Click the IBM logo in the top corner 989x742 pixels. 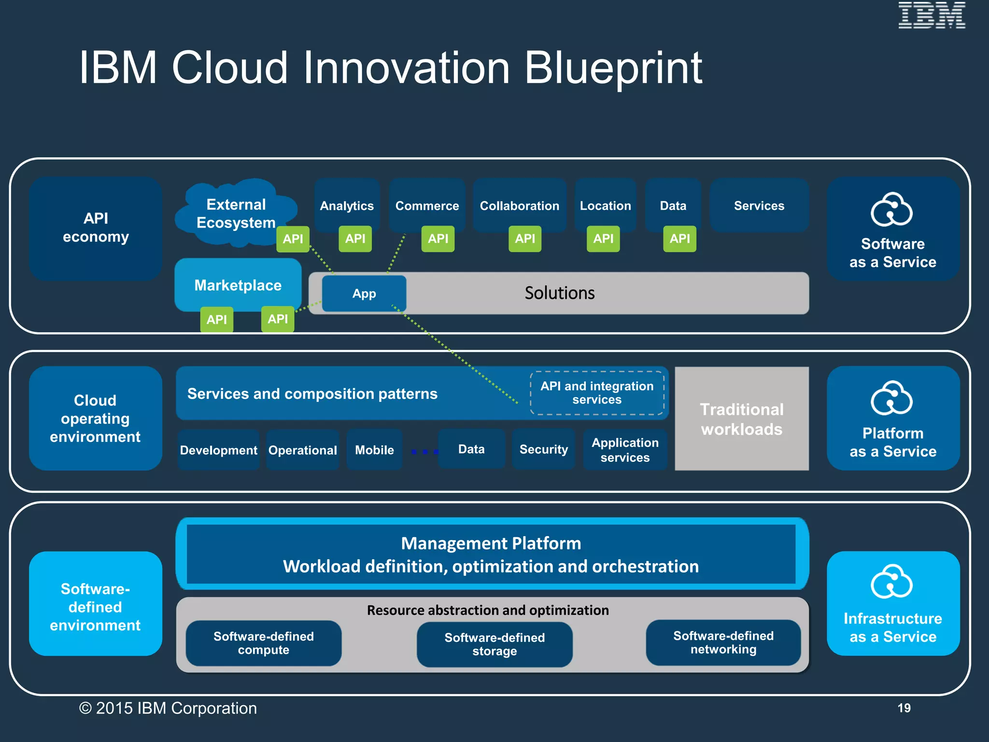coord(931,15)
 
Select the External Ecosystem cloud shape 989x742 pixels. coord(236,213)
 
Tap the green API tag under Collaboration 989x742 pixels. coord(524,239)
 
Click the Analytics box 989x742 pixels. coord(347,205)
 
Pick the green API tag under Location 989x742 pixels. coord(603,239)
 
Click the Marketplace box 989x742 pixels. coord(238,285)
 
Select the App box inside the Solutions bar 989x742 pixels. coord(364,293)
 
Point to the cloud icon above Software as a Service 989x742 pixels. coord(891,210)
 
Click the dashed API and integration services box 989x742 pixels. coord(597,393)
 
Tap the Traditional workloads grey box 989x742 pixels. coord(741,419)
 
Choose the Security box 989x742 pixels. coord(543,449)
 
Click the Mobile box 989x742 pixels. coord(374,450)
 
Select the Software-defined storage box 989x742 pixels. coord(494,644)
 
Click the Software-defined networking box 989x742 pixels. coord(723,642)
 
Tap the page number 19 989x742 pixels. coord(904,708)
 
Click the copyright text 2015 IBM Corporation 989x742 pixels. coord(168,708)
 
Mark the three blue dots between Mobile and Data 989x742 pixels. coord(424,452)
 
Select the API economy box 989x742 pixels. coord(96,228)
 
